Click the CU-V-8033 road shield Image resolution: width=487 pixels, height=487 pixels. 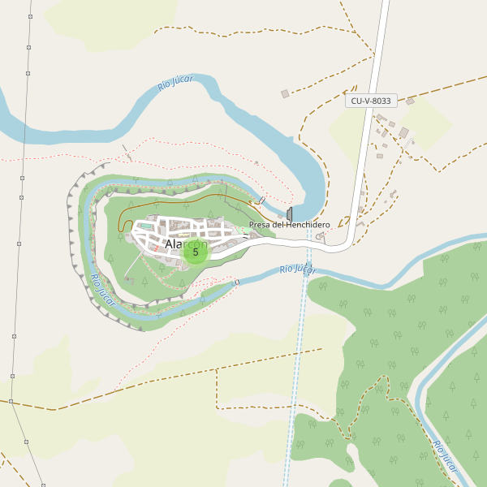point(371,101)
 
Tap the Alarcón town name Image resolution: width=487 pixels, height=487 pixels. point(186,243)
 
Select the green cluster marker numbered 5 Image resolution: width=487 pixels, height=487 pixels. point(196,252)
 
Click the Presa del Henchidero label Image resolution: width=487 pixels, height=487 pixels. point(289,225)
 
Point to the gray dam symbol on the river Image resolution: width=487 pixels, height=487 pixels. point(290,213)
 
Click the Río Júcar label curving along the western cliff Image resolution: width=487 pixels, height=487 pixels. point(102,290)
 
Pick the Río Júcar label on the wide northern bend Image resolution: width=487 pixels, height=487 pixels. point(175,82)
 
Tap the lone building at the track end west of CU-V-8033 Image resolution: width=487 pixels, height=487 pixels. point(285,94)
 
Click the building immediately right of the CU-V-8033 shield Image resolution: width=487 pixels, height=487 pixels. point(410,101)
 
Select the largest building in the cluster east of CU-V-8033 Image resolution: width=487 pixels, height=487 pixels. point(403,132)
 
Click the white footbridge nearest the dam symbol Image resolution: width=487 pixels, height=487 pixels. point(261,200)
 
